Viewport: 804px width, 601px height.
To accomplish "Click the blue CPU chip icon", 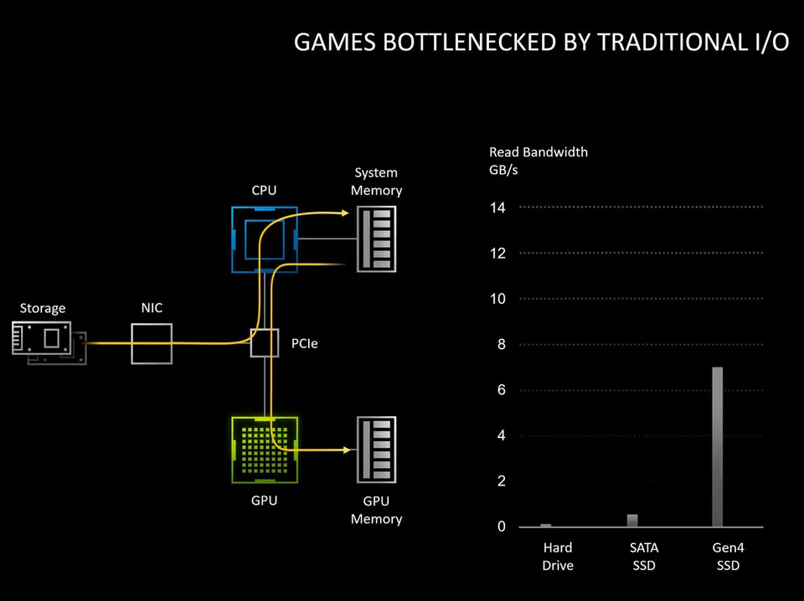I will tap(265, 239).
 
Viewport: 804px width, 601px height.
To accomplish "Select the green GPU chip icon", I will tap(265, 449).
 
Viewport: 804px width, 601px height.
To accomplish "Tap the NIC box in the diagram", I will tap(152, 344).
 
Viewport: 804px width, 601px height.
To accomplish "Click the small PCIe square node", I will tap(265, 343).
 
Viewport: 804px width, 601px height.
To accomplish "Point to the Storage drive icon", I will tap(49, 342).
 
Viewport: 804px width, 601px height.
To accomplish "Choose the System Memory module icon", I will tap(376, 239).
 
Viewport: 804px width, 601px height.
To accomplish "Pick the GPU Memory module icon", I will tap(376, 449).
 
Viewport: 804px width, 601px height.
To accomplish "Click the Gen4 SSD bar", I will tap(717, 447).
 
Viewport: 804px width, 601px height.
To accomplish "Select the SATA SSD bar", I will tap(632, 520).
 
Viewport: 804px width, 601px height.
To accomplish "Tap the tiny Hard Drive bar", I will tap(546, 525).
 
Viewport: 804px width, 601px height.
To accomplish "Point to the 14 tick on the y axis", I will tap(497, 208).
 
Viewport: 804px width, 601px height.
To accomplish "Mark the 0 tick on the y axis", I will tap(501, 527).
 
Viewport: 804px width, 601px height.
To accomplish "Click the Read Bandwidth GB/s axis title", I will tap(538, 160).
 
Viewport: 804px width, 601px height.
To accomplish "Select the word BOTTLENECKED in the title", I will tap(482, 43).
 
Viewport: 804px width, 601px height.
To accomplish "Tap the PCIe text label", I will tap(304, 343).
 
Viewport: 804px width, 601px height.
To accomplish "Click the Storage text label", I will tap(43, 308).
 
